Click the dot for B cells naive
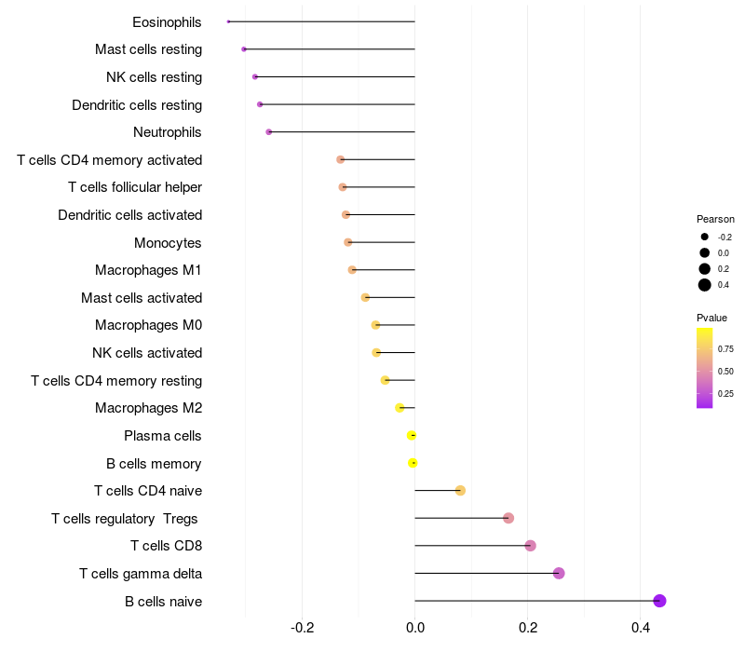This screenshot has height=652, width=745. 659,601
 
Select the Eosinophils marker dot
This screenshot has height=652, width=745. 228,21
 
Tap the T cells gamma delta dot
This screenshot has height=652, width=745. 559,573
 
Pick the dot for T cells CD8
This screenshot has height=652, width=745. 530,546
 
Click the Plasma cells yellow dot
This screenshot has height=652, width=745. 412,435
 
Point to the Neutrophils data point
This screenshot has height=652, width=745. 269,132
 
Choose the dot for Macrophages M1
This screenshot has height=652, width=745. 352,270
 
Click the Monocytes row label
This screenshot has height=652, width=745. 168,242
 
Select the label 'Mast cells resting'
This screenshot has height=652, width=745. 148,49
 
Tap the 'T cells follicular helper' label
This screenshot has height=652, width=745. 135,187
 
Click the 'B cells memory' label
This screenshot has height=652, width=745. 154,463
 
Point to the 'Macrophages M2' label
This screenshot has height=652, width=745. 148,408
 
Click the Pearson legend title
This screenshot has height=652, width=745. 715,219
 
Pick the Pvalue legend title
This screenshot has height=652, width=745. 712,318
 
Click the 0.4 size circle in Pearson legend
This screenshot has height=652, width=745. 705,285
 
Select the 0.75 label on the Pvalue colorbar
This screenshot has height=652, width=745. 726,349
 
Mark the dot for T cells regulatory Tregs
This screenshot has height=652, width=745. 508,518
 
